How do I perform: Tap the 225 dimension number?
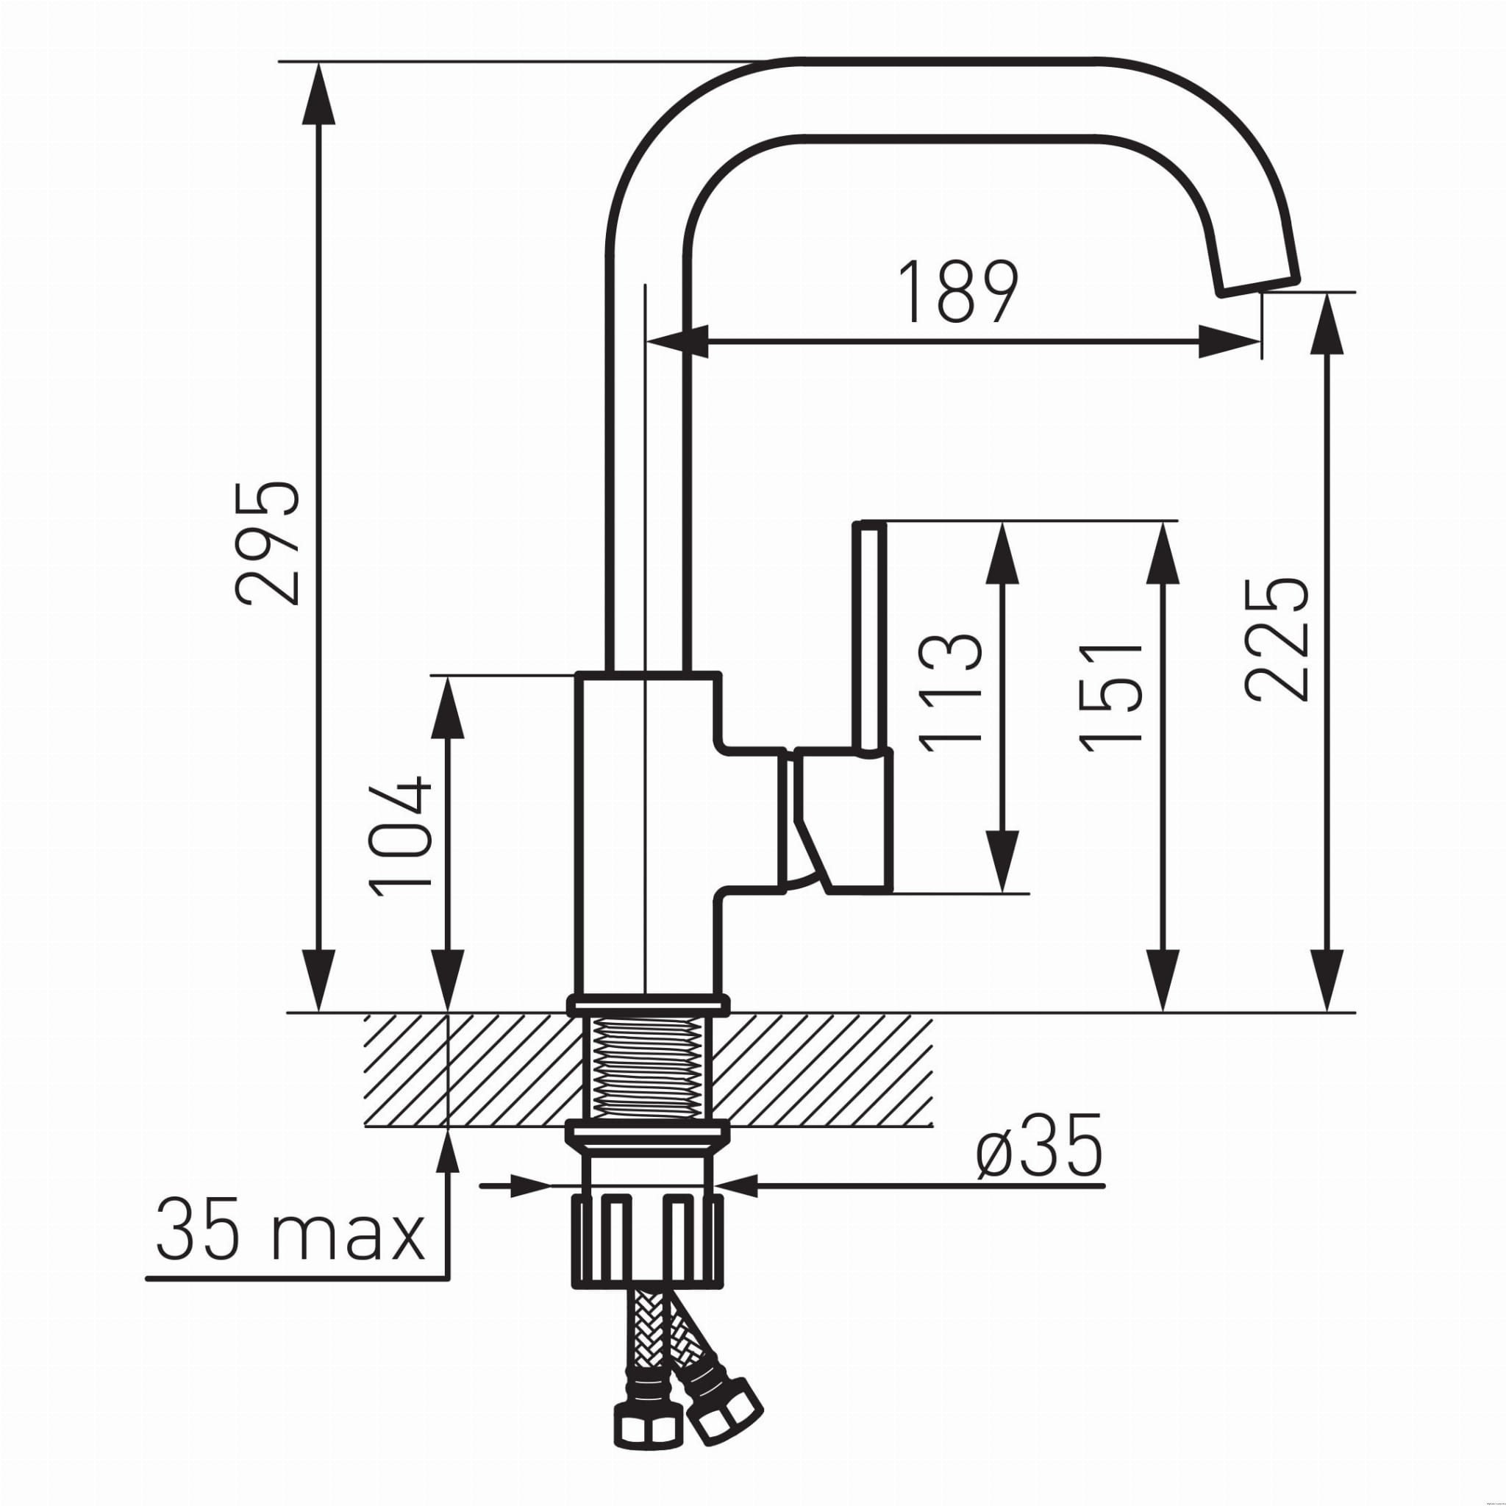click(x=1274, y=639)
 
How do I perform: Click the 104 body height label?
click(x=399, y=835)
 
